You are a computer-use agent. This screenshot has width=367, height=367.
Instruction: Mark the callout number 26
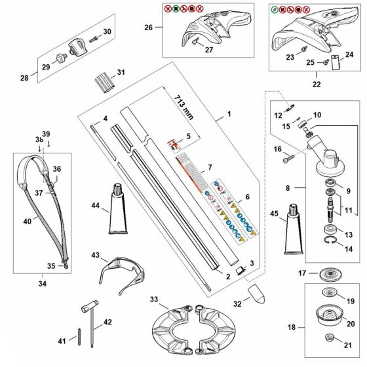coord(148,28)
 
